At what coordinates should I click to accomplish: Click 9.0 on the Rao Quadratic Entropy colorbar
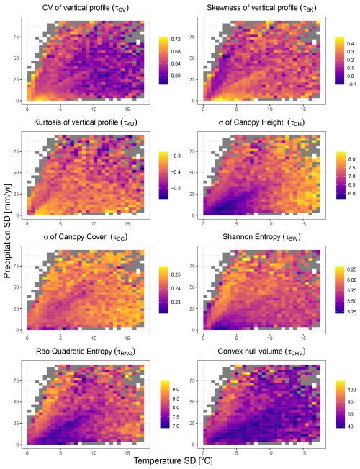click(x=174, y=388)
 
